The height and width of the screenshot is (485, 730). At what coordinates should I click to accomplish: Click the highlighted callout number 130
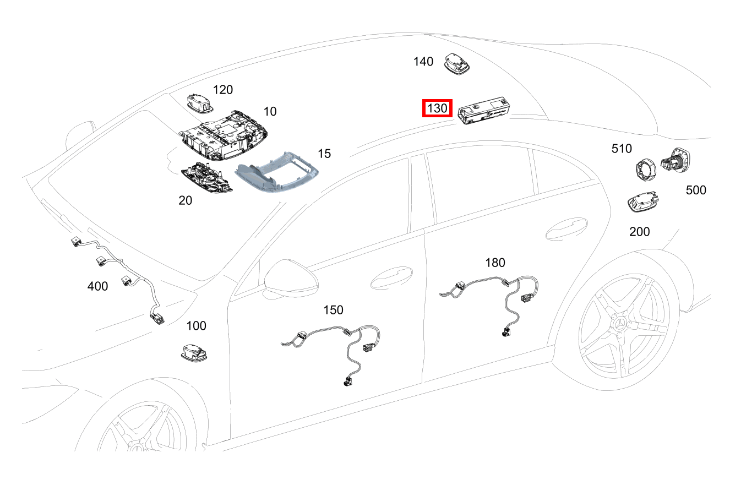coord(437,108)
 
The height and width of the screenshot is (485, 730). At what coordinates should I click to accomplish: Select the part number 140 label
coord(423,62)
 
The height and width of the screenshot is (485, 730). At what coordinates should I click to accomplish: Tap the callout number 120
coord(223,90)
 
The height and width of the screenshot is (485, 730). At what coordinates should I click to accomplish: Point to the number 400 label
coord(98,286)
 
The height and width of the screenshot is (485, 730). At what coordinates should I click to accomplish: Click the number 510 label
coord(622,148)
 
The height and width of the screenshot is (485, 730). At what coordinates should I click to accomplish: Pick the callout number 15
coord(324,154)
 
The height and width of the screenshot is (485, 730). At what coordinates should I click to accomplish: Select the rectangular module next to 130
coord(483,112)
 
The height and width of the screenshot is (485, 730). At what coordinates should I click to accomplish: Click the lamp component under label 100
coord(195,352)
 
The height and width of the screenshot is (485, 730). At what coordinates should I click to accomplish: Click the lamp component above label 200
coord(642,204)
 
